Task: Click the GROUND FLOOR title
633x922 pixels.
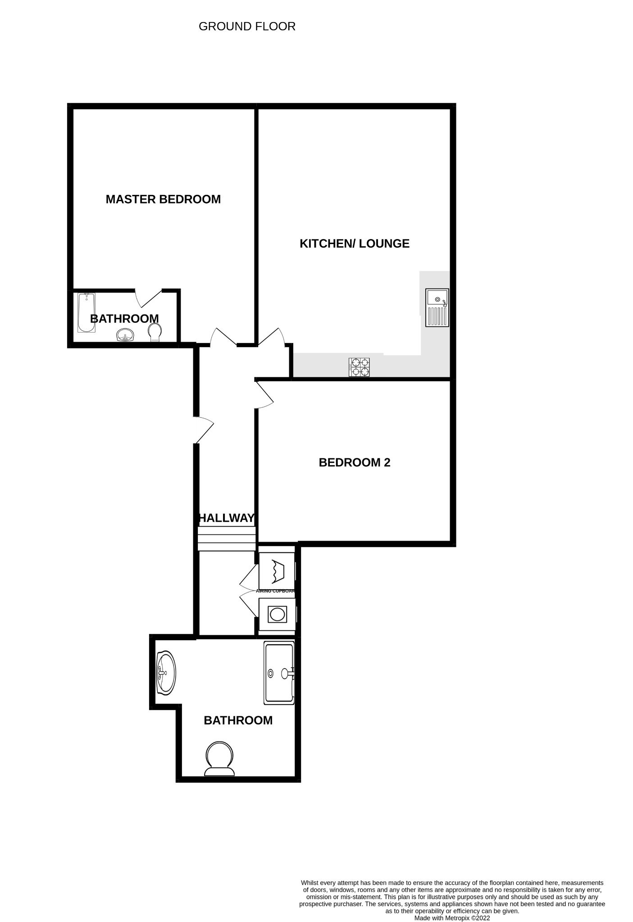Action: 247,27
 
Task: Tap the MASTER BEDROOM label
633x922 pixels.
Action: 163,199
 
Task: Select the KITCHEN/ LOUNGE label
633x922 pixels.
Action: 355,244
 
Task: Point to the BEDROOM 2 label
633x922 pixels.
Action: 355,462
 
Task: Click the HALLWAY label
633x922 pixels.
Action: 227,518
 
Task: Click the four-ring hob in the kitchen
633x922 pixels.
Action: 359,367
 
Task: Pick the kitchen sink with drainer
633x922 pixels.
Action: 437,307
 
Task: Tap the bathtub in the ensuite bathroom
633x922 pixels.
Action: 86,312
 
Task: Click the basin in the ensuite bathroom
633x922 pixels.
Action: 125,335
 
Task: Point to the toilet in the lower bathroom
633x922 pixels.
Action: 219,759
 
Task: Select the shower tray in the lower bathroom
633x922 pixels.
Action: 279,673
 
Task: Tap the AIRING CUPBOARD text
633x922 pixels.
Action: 275,591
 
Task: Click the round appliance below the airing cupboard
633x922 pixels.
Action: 277,614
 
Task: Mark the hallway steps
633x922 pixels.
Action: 227,538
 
